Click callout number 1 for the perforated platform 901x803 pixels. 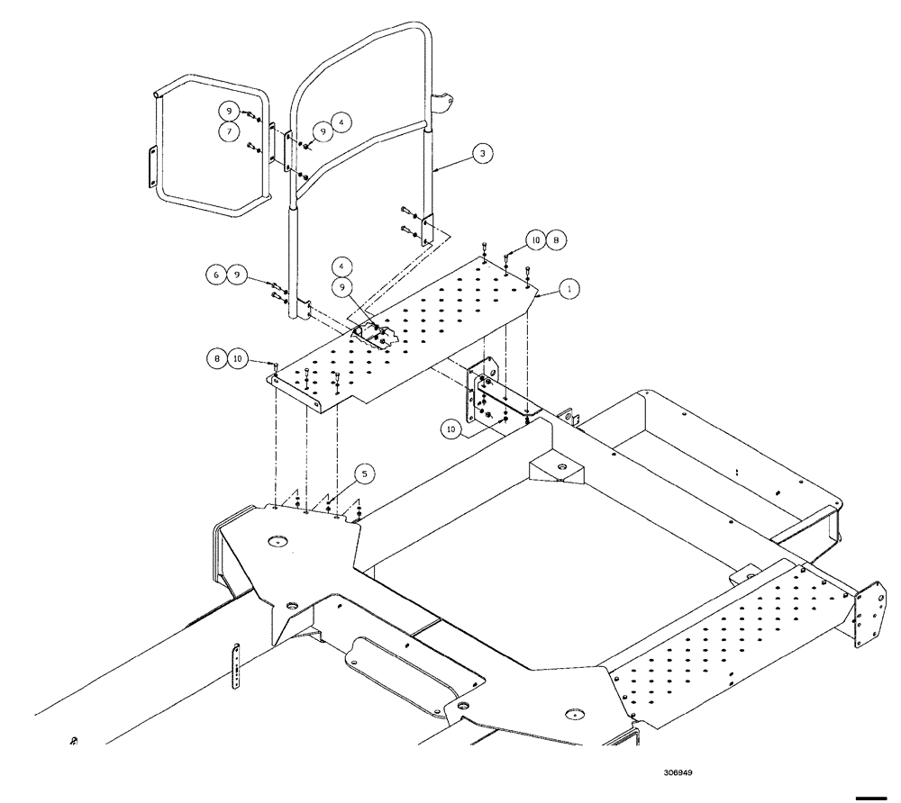568,289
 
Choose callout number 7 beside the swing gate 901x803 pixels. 229,131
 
